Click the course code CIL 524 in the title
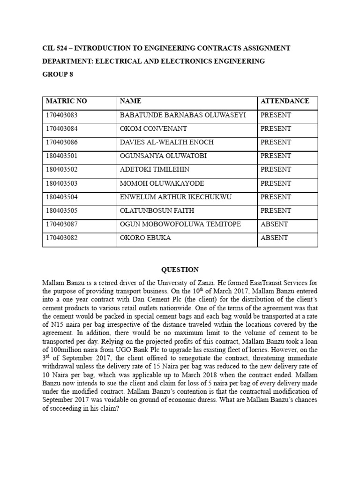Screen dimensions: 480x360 [56, 48]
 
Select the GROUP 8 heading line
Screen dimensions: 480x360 [58, 75]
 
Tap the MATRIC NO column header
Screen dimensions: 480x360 [66, 101]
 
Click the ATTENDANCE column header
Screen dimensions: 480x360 [285, 101]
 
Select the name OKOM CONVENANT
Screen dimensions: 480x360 [153, 128]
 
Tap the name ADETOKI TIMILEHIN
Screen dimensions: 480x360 [155, 169]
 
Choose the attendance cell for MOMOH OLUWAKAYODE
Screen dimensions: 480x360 [276, 183]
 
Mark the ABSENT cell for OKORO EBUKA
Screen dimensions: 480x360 [274, 238]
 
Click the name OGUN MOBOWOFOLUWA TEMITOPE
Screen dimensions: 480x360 [180, 224]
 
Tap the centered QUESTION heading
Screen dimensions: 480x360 [180, 270]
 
